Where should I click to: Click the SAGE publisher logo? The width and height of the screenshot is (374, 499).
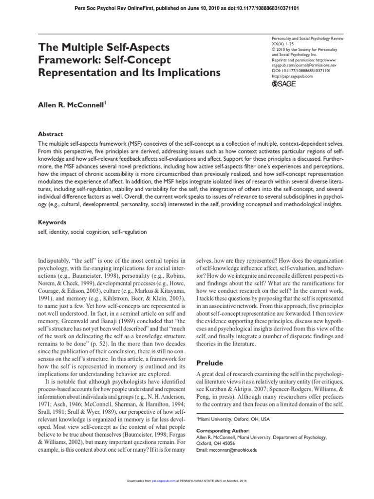tap(283, 84)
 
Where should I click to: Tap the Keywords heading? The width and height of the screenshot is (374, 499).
tap(53, 222)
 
